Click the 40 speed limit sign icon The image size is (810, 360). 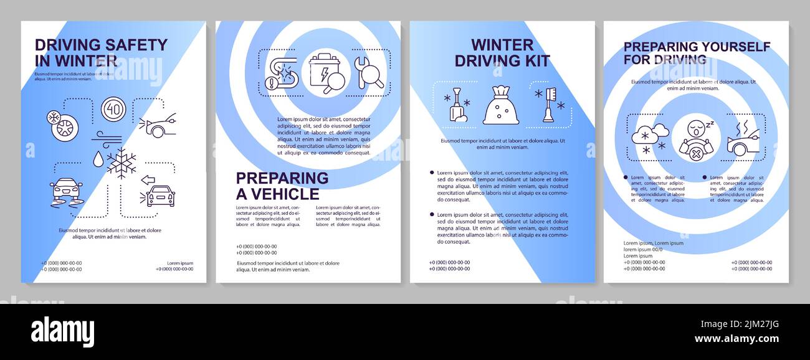113,109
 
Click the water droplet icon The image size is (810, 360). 98,159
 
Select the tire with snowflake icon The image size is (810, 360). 64,125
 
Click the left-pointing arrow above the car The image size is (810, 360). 148,180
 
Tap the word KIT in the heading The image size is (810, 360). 537,60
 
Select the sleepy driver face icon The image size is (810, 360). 696,138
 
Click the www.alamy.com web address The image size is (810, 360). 736,339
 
